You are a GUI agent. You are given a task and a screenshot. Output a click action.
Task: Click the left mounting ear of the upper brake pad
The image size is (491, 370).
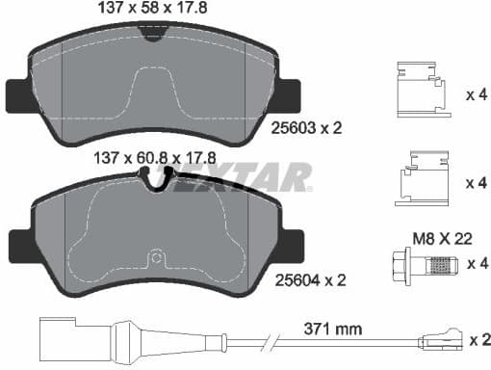tap(19, 93)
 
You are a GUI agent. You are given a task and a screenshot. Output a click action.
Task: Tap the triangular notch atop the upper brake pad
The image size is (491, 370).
tap(151, 34)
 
